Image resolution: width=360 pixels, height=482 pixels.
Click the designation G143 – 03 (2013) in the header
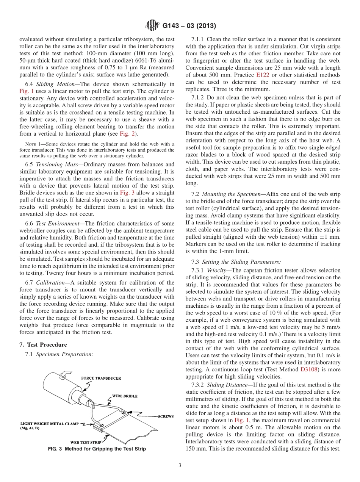189,26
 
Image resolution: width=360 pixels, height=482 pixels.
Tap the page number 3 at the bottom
180,465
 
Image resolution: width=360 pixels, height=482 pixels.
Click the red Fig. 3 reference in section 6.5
125,192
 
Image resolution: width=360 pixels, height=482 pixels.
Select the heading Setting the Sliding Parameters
241,262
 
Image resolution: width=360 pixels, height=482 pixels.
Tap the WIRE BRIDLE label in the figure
125,396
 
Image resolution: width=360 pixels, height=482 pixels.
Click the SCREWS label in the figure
165,416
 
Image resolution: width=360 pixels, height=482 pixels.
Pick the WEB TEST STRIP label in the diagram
86,442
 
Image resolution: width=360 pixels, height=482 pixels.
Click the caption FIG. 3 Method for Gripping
97,449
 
